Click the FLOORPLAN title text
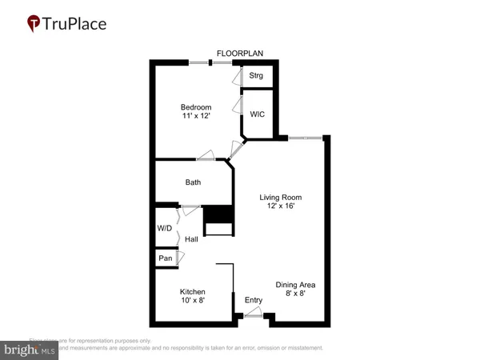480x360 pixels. [x=240, y=54]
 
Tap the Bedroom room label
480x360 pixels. [x=195, y=107]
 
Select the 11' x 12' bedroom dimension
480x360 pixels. [x=195, y=117]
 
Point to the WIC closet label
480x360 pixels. [x=257, y=114]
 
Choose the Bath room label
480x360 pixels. [x=193, y=182]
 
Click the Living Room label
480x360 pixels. [x=281, y=197]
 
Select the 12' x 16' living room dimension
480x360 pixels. [x=281, y=206]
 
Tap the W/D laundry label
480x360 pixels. [x=164, y=228]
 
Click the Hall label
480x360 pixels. [x=191, y=239]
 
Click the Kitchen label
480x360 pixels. [x=192, y=292]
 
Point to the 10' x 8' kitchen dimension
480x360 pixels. [x=192, y=302]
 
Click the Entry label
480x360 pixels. [x=254, y=300]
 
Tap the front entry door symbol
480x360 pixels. [x=254, y=316]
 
